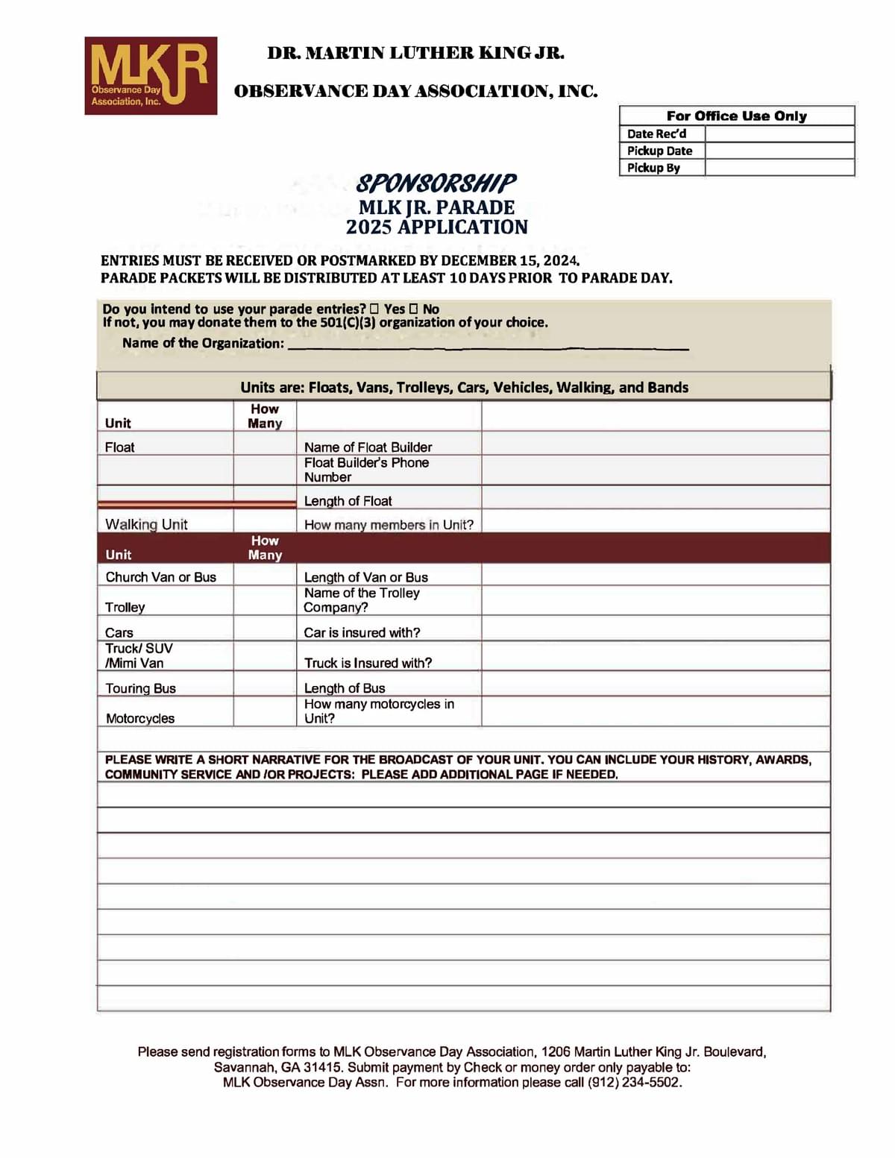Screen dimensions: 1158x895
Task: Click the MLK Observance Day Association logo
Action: pyautogui.click(x=151, y=75)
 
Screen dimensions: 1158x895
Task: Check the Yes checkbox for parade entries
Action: pyautogui.click(x=374, y=309)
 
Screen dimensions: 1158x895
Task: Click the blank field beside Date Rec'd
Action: pyautogui.click(x=779, y=134)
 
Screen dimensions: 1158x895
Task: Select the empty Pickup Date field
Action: pyautogui.click(x=779, y=151)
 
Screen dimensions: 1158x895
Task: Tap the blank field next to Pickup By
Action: pyautogui.click(x=779, y=168)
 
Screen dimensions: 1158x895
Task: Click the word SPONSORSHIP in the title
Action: pyautogui.click(x=436, y=183)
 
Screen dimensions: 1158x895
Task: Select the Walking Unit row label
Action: pyautogui.click(x=146, y=524)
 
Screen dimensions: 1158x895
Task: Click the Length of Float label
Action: pyautogui.click(x=348, y=501)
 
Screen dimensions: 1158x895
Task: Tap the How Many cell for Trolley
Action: pyautogui.click(x=265, y=601)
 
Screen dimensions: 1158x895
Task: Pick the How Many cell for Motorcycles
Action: pyautogui.click(x=265, y=712)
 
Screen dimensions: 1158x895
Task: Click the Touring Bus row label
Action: pyautogui.click(x=140, y=688)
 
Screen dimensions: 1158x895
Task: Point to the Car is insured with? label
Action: pyautogui.click(x=362, y=632)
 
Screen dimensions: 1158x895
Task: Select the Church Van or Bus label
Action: pyautogui.click(x=160, y=577)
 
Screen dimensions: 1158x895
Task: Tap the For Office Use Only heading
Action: pyautogui.click(x=736, y=116)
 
